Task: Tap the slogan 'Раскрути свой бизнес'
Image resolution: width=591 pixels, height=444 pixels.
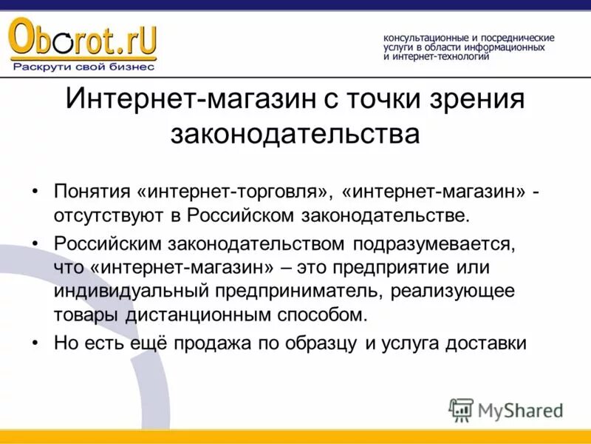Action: pos(83,67)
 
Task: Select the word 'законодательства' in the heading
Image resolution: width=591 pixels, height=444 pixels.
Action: pos(295,134)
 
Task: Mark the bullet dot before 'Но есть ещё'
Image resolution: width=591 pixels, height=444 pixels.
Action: pos(38,342)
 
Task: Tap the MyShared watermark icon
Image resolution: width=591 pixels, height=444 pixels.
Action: pos(461,409)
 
